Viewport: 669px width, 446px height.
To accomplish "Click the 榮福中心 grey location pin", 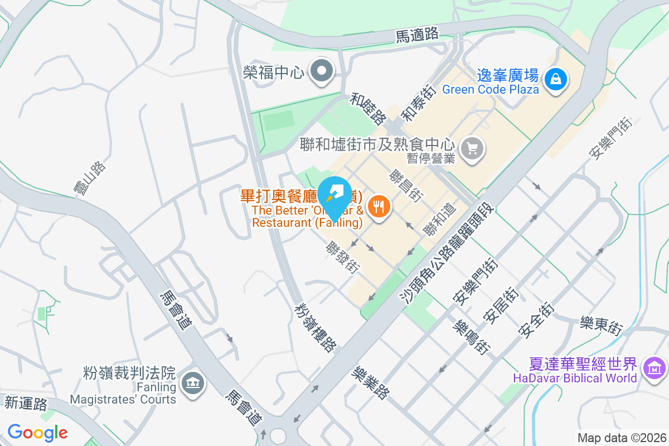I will [x=322, y=71].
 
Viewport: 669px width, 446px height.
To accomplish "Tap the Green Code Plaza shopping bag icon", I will [x=556, y=79].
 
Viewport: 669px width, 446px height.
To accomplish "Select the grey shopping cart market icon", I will [x=473, y=148].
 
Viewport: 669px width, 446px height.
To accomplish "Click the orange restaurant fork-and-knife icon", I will [x=380, y=207].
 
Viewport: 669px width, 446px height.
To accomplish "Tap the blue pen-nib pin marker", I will [x=333, y=192].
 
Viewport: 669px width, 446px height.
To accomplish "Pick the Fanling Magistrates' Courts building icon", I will [x=193, y=382].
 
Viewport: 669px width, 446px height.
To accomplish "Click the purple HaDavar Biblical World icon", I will [x=655, y=368].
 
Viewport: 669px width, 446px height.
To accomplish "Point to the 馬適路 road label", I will [x=417, y=35].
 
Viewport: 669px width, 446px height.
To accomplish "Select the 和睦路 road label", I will [x=369, y=109].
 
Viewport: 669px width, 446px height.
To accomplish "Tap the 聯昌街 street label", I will [x=406, y=186].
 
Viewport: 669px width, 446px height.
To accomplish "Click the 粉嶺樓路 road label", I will [x=316, y=328].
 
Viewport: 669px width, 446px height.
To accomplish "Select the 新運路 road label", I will [x=26, y=403].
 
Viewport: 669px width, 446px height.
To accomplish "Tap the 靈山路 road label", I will [x=90, y=179].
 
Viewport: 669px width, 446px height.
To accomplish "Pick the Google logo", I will [x=37, y=432].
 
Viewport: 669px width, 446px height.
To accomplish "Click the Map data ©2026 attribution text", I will [x=622, y=438].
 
